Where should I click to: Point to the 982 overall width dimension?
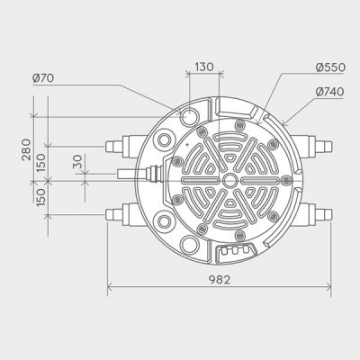click(x=219, y=279)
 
